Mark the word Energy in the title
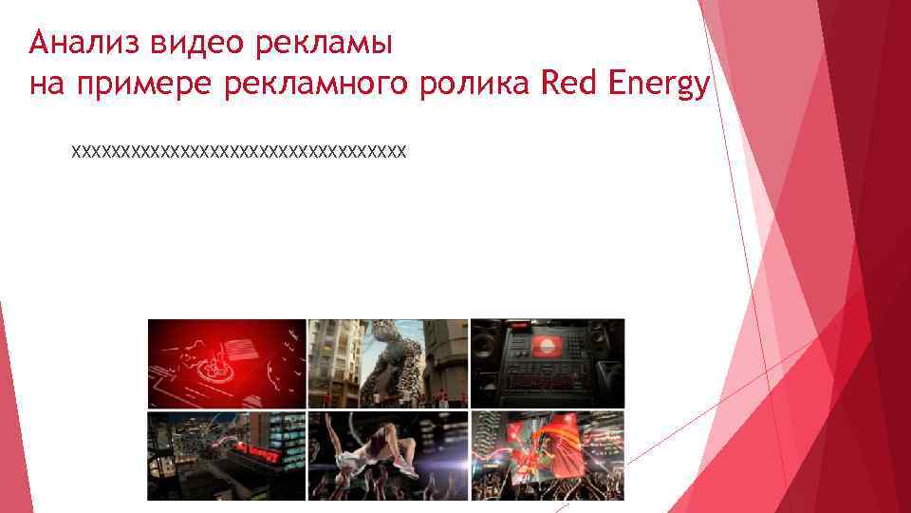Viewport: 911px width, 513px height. (662, 87)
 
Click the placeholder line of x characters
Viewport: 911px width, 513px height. (239, 150)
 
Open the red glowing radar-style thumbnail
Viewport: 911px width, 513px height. (226, 363)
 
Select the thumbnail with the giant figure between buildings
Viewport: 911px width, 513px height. (388, 363)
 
